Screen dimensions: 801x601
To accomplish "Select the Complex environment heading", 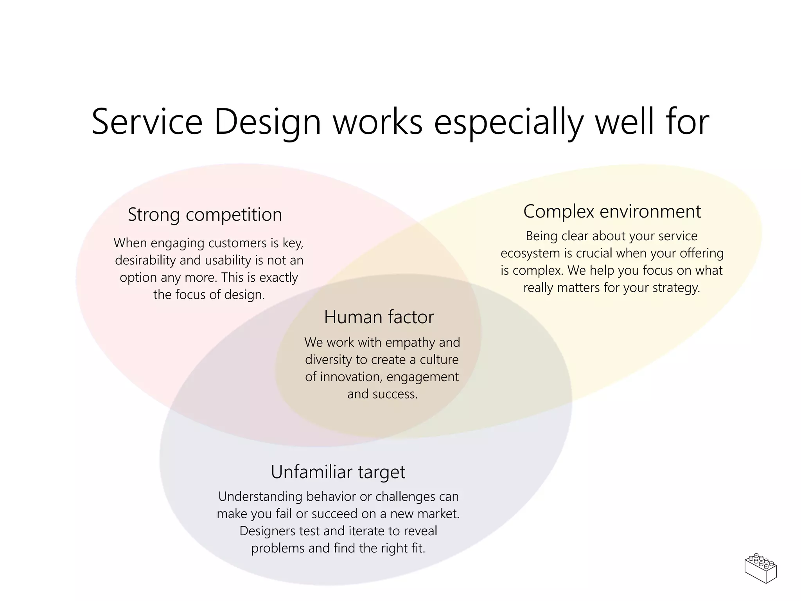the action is [612, 212].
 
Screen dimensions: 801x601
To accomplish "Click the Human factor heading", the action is [379, 317].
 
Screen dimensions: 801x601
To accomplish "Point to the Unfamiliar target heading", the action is [338, 472].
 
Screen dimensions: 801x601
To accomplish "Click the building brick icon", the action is [761, 568].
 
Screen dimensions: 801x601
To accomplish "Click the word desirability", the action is [145, 261].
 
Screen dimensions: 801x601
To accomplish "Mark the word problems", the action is [278, 549].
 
